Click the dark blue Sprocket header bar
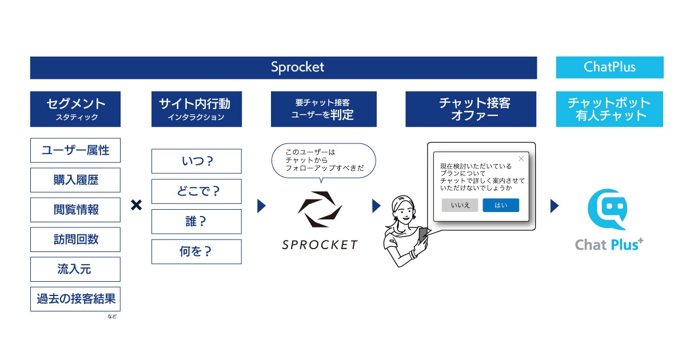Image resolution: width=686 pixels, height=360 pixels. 283,67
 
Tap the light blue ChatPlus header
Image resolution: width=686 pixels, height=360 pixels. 609,67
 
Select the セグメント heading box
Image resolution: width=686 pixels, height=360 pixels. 75,109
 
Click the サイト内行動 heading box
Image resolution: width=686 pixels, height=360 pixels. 197,109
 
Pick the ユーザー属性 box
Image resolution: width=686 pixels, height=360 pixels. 75,150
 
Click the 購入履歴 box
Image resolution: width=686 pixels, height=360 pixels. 75,180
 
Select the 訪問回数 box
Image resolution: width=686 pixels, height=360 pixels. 75,239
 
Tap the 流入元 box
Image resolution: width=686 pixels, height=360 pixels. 75,269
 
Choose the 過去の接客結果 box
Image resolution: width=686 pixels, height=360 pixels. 75,299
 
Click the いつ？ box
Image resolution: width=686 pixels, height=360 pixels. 197,161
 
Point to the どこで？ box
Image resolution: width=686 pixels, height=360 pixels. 197,191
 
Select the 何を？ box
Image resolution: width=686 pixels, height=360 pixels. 197,251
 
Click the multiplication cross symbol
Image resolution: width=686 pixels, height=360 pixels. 136,205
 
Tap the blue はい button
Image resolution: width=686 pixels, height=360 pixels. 501,205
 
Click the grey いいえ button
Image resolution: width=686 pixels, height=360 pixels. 460,205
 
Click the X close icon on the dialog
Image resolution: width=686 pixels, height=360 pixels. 521,159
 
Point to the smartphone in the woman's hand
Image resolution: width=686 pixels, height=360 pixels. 422,235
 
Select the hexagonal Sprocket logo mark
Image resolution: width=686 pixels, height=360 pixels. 320,210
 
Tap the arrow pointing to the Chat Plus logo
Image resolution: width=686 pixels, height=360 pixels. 554,206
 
